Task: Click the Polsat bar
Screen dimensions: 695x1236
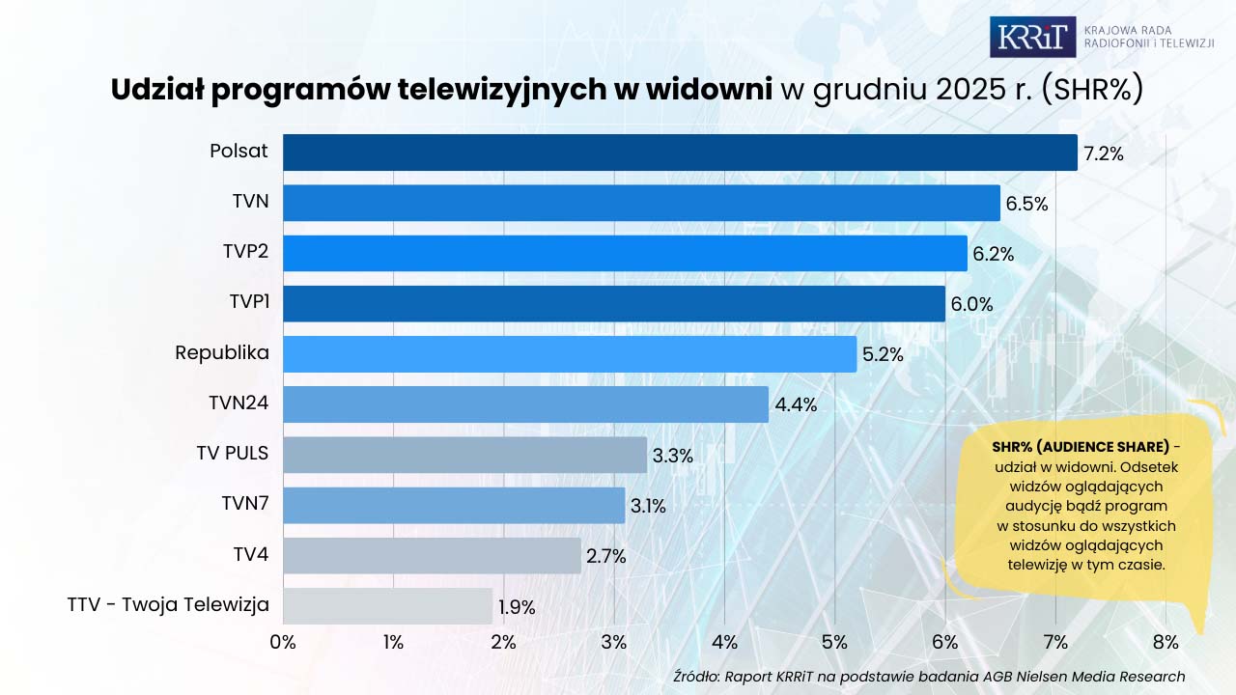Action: [x=680, y=153]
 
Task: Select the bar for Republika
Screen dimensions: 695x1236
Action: [x=570, y=354]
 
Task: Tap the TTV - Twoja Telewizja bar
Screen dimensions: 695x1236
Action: [x=387, y=606]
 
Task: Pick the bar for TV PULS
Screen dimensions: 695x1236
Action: [x=464, y=455]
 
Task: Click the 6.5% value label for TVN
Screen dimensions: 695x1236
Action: [x=1026, y=204]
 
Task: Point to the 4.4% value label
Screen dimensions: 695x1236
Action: [x=796, y=405]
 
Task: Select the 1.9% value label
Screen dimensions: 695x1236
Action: [x=517, y=608]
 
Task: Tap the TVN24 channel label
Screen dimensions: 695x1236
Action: [x=239, y=403]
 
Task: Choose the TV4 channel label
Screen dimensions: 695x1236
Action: [x=250, y=554]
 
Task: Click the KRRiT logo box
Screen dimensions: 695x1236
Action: [x=1032, y=37]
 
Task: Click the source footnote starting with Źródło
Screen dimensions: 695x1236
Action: [x=929, y=677]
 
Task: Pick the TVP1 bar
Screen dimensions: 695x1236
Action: [x=614, y=304]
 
